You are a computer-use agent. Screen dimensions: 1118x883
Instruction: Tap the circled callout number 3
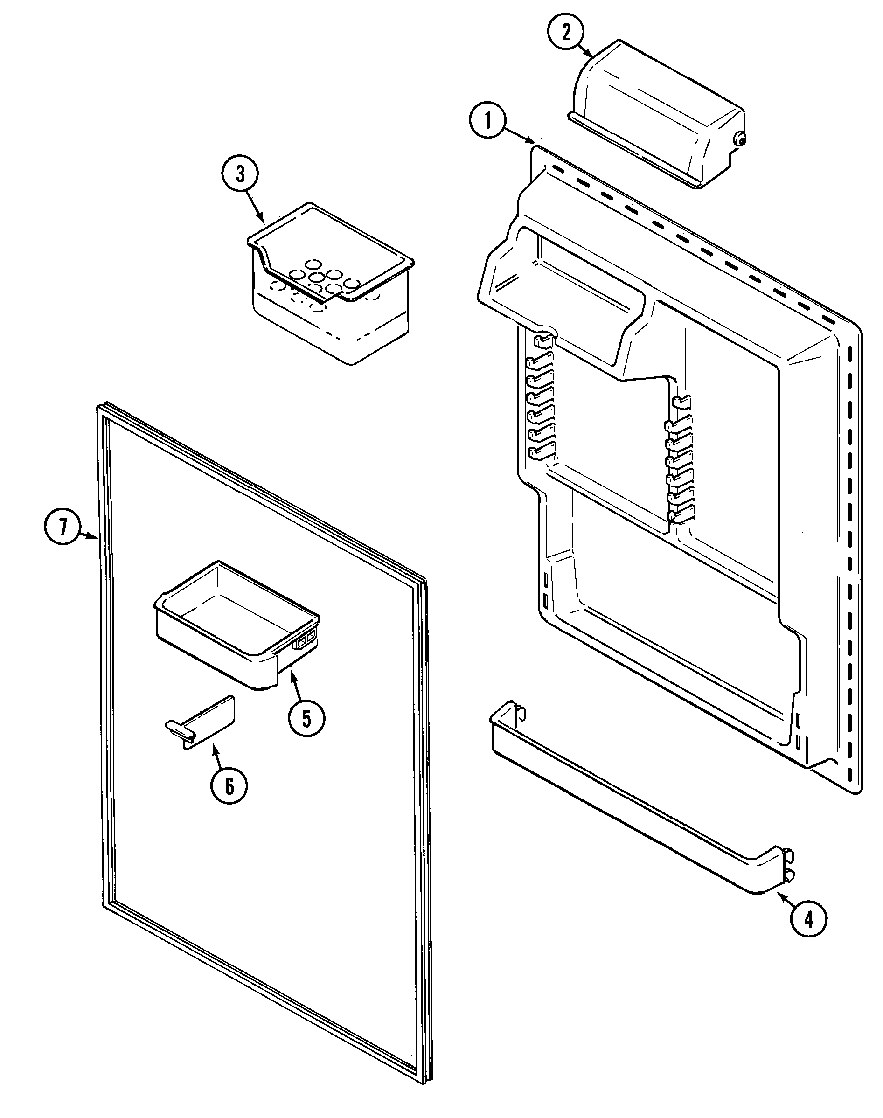(x=240, y=174)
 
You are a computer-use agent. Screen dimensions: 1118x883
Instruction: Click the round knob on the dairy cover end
(x=741, y=139)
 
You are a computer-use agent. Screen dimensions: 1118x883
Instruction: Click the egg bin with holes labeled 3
(x=331, y=285)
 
